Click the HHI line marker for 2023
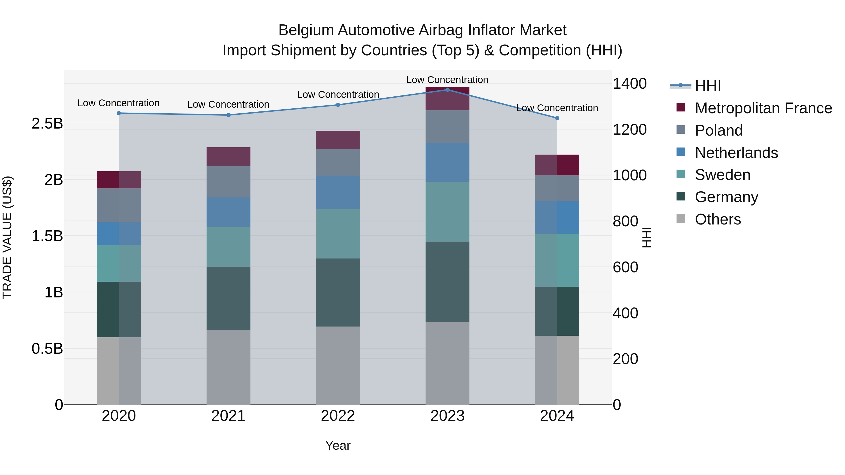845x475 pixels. [447, 90]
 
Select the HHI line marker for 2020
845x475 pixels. [119, 113]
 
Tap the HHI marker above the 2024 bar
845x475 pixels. [557, 118]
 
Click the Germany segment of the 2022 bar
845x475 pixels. [338, 293]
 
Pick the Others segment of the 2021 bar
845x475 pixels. [228, 367]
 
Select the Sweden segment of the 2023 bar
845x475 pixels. [447, 212]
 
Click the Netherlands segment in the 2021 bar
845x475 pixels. [228, 212]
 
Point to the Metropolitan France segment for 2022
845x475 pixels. [338, 140]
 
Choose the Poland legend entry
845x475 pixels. [718, 130]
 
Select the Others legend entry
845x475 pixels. [718, 219]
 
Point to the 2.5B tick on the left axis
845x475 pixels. [47, 124]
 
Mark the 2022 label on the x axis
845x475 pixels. [338, 416]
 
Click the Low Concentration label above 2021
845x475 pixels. [228, 104]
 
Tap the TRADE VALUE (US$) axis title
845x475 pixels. [7, 237]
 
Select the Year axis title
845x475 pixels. [338, 445]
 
